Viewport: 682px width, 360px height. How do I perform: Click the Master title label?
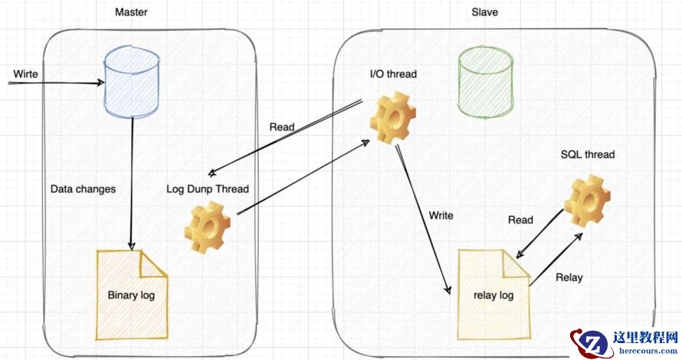point(131,12)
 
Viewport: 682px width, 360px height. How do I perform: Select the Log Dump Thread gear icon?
point(208,227)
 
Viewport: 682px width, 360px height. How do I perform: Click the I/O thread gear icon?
point(392,117)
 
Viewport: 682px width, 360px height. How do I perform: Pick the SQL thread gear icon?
point(587,200)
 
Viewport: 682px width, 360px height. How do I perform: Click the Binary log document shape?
point(131,295)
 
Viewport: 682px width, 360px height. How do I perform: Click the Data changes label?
point(83,188)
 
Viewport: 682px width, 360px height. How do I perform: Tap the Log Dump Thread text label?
point(207,188)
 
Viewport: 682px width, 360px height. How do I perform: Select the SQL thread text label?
point(588,154)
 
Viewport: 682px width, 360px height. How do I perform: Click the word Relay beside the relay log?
point(569,277)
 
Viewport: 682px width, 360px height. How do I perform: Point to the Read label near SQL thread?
point(520,220)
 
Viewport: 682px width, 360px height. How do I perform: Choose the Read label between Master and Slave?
point(281,126)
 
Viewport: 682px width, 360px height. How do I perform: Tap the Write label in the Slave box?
point(441,215)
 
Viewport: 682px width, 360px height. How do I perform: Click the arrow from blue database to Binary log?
point(133,184)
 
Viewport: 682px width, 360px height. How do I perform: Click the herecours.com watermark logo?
point(625,341)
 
